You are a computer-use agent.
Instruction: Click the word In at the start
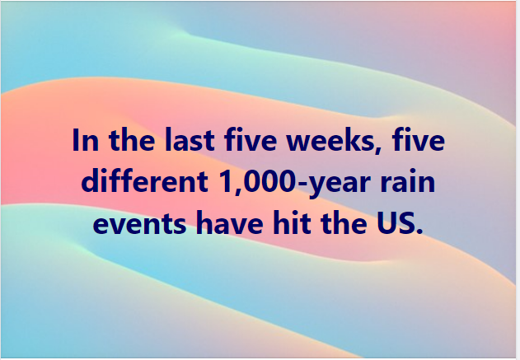point(85,140)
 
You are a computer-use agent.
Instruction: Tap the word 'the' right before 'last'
point(132,139)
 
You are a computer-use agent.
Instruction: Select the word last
point(190,139)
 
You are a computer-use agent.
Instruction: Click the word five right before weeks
point(251,139)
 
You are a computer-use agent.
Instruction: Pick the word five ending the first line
point(418,139)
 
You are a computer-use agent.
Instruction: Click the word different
point(144,180)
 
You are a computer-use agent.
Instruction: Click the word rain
point(408,181)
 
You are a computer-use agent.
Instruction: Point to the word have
point(229,222)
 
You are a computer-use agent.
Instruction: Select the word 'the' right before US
point(344,222)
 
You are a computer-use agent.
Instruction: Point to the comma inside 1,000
point(238,191)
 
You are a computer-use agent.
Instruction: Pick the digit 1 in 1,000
point(227,182)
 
